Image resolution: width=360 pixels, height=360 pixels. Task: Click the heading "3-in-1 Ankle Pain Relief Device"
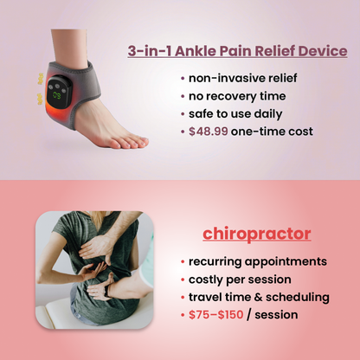pyautogui.click(x=237, y=50)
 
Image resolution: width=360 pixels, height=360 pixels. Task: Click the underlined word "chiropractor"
pyautogui.click(x=257, y=234)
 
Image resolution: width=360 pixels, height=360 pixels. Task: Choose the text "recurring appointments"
pyautogui.click(x=258, y=260)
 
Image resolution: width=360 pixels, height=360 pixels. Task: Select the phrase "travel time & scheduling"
pyautogui.click(x=259, y=297)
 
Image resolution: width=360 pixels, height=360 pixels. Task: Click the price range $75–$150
pyautogui.click(x=216, y=315)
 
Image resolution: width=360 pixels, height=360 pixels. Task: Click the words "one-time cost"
pyautogui.click(x=279, y=131)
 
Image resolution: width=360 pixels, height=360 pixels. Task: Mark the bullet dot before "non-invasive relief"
pyautogui.click(x=183, y=77)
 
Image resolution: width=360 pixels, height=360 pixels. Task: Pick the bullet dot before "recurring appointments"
pyautogui.click(x=183, y=261)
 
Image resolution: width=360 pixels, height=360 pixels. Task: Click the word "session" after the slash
pyautogui.click(x=275, y=315)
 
